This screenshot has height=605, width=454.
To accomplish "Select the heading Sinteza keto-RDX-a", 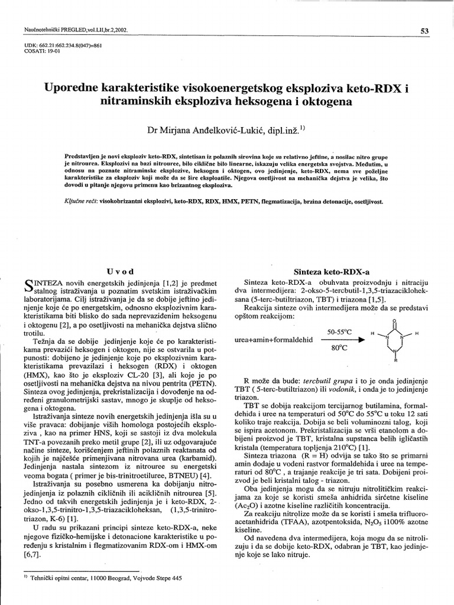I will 327,272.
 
